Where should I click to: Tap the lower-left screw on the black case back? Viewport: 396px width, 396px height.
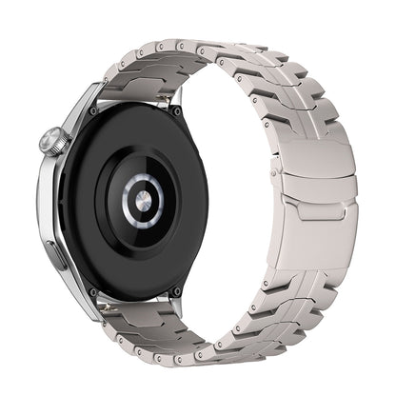pyautogui.click(x=91, y=290)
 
